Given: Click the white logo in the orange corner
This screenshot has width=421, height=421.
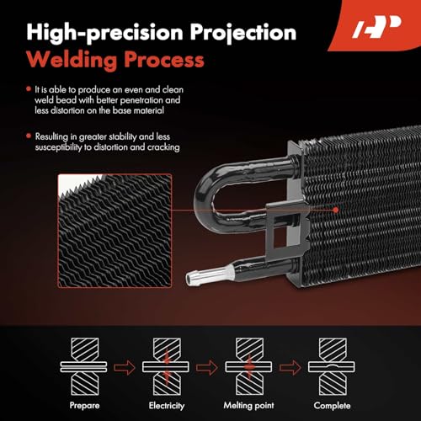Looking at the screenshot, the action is click(x=376, y=27).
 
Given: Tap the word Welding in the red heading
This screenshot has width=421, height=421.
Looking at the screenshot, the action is click(x=72, y=61).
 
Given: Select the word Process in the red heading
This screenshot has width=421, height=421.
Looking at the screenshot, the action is click(x=164, y=60).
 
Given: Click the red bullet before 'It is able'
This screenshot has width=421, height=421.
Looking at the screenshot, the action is click(x=29, y=89).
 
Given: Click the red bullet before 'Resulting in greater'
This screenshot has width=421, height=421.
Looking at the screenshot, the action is click(x=29, y=136).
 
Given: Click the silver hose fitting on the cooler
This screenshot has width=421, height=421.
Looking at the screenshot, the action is click(x=210, y=274).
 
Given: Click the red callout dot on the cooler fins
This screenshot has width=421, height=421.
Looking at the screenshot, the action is click(x=336, y=210).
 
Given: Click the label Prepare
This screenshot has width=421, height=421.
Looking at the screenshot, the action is click(x=84, y=405).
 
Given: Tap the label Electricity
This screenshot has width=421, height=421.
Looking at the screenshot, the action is click(x=167, y=406).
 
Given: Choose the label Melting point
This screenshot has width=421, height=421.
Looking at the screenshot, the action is click(x=248, y=406).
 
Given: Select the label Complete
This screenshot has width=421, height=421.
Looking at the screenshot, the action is click(x=332, y=406).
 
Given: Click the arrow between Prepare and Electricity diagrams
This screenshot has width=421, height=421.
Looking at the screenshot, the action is click(x=125, y=367).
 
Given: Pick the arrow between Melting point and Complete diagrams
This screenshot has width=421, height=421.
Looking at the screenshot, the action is click(x=290, y=367).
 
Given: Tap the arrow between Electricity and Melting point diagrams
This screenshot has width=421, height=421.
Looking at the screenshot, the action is click(x=207, y=367).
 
